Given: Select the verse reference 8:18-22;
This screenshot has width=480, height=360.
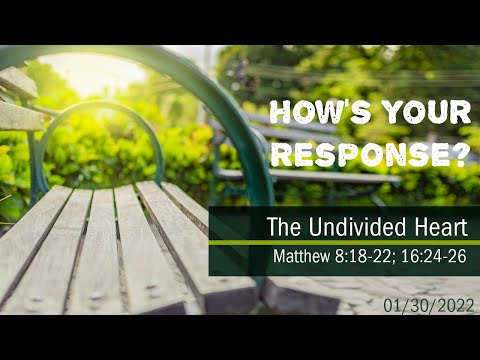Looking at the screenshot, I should tap(368, 256).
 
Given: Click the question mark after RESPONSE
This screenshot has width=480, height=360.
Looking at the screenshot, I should tap(461, 153).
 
